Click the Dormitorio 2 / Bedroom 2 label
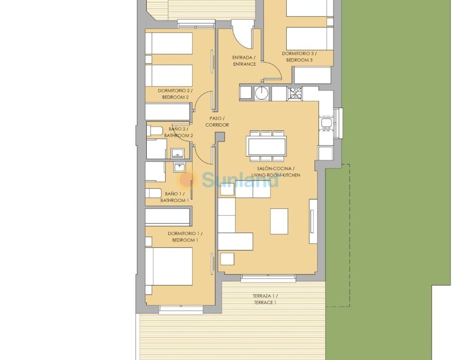click(x=175, y=94)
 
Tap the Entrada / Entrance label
click(x=244, y=61)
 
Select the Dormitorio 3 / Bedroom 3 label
click(x=299, y=57)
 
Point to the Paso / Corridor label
click(x=217, y=121)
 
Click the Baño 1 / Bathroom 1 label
click(x=175, y=197)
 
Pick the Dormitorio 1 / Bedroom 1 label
click(x=185, y=237)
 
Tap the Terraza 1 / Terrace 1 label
click(x=265, y=299)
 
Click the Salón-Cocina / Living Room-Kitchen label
click(x=276, y=171)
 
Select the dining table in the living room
click(x=267, y=146)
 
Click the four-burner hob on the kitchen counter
click(x=294, y=94)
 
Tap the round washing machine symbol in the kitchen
click(x=262, y=93)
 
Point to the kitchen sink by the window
click(x=326, y=123)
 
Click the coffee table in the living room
click(x=279, y=221)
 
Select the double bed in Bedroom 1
click(x=169, y=266)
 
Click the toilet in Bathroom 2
click(x=155, y=130)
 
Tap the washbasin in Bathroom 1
click(x=179, y=167)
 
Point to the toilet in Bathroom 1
click(x=154, y=193)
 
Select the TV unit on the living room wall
click(x=313, y=221)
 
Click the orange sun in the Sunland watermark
click(x=186, y=180)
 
